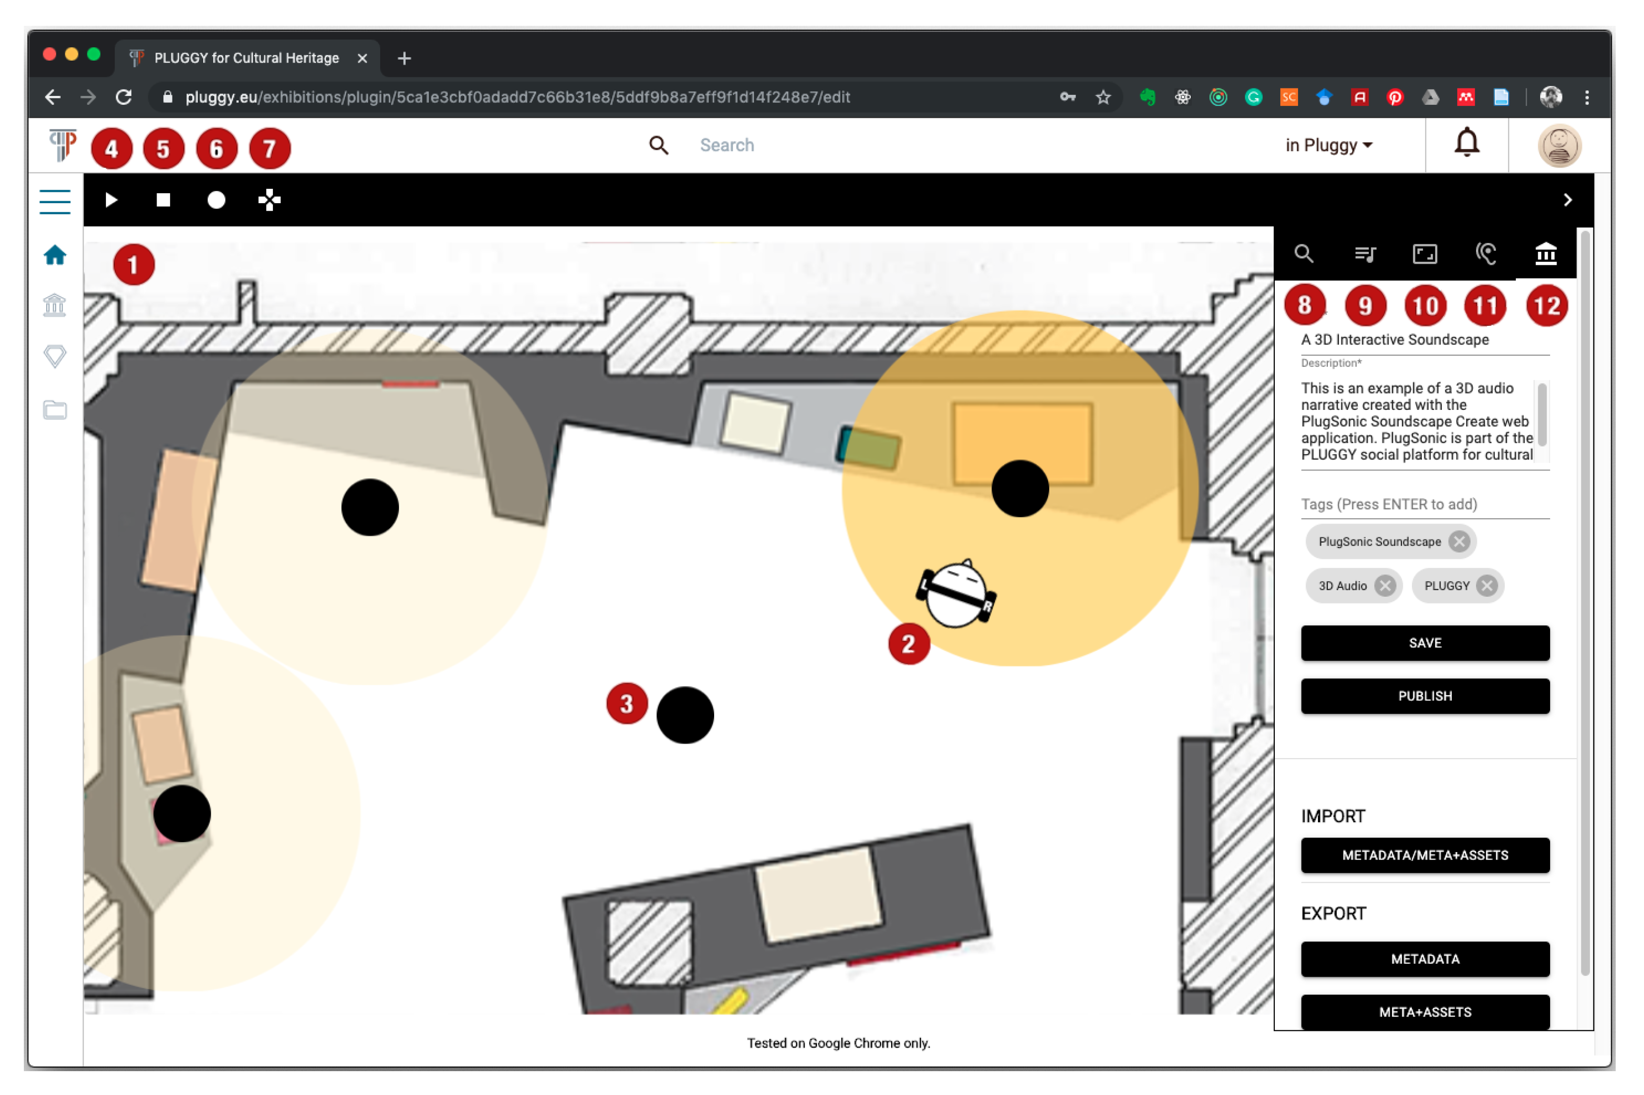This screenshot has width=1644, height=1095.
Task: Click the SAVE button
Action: click(x=1425, y=642)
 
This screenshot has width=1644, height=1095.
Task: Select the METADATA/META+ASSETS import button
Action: click(x=1425, y=855)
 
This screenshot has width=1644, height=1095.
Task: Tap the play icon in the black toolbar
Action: click(x=111, y=200)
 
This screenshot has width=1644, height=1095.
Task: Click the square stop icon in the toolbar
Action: click(x=164, y=200)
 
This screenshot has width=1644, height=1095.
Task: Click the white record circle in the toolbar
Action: click(x=217, y=200)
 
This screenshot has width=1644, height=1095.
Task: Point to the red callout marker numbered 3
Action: click(x=627, y=703)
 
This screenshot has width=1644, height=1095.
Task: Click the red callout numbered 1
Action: click(x=133, y=265)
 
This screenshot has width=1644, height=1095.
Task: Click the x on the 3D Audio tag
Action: click(x=1385, y=585)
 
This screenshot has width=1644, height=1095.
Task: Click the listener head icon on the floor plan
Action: click(x=956, y=594)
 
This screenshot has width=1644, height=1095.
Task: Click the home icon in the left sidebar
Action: click(x=55, y=255)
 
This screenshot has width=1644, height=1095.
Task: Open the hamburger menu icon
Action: click(x=55, y=202)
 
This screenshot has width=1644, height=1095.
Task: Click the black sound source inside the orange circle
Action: click(x=1020, y=488)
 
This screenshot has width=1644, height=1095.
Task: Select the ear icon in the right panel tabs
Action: click(x=1485, y=253)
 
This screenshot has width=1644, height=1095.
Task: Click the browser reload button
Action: click(x=124, y=97)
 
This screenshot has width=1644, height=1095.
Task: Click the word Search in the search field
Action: click(x=727, y=145)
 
